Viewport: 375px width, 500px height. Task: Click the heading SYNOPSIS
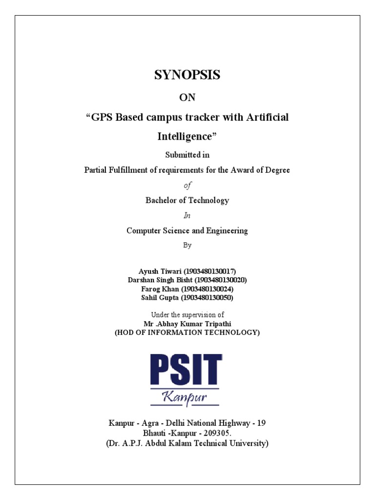(187, 75)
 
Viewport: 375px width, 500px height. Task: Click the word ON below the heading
(187, 98)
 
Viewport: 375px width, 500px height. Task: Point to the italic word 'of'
(187, 186)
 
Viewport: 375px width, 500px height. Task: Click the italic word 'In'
(187, 215)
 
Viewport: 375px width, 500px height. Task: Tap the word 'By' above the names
(187, 245)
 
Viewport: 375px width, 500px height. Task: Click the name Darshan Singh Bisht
(160, 280)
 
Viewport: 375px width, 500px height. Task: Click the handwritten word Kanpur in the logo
(186, 397)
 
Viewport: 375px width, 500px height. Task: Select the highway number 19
(261, 423)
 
